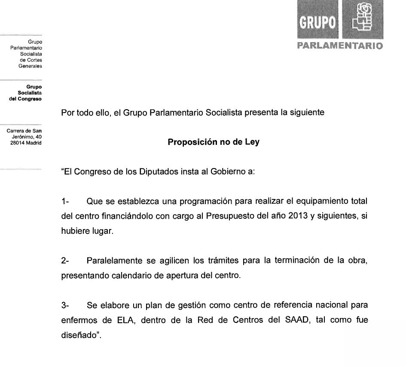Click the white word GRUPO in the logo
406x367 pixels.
click(317, 22)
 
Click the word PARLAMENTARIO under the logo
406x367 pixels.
click(339, 46)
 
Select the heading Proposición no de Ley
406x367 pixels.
click(214, 142)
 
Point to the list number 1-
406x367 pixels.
click(65, 202)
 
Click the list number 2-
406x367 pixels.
click(65, 261)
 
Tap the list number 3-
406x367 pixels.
click(65, 306)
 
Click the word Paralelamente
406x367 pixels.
click(113, 261)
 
